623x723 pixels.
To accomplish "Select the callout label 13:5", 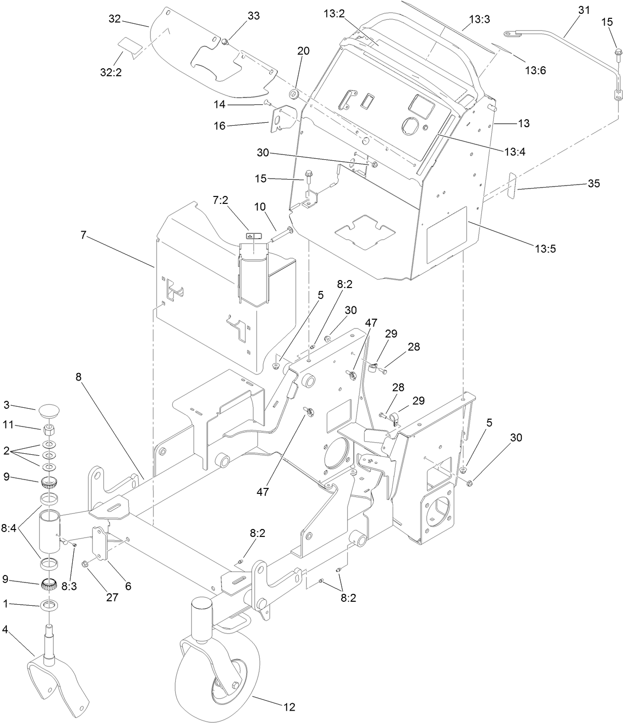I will (545, 248).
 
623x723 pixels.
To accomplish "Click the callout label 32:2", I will (111, 72).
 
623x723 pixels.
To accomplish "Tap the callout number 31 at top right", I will (584, 9).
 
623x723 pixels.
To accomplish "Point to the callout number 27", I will (112, 597).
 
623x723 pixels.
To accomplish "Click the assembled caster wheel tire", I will (218, 678).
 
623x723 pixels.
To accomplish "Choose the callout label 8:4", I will (10, 529).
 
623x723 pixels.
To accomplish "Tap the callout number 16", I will (219, 126).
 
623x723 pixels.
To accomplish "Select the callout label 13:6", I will (535, 71).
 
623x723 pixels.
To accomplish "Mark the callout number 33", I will (253, 16).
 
